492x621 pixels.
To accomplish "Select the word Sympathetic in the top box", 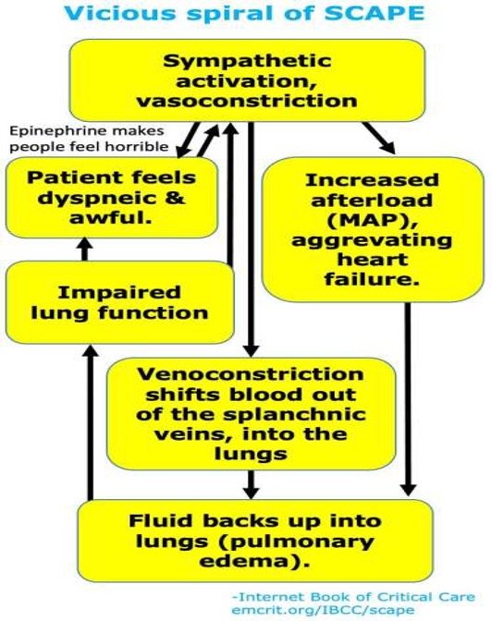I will [x=246, y=61].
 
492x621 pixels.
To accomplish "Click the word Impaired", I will [x=116, y=291].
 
